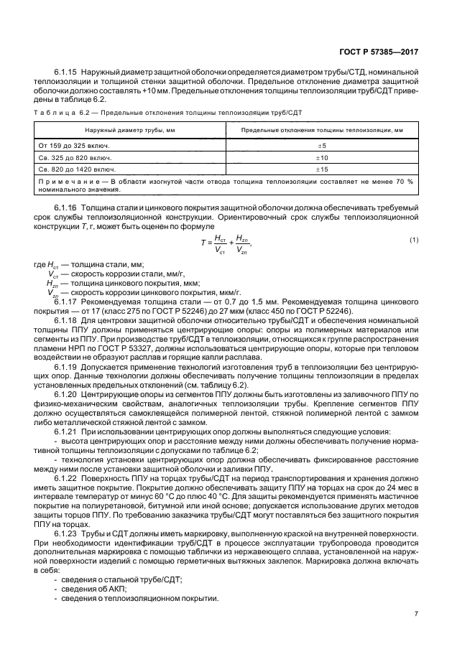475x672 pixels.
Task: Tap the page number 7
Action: (x=417, y=614)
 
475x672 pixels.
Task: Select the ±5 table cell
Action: (x=322, y=146)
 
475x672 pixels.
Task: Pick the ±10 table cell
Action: (x=322, y=157)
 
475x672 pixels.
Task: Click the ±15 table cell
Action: (x=322, y=169)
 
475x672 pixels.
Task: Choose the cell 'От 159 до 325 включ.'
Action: (x=68, y=146)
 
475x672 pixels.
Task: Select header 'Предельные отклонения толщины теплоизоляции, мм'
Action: (x=322, y=130)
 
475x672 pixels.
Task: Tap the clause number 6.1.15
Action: (x=65, y=73)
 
